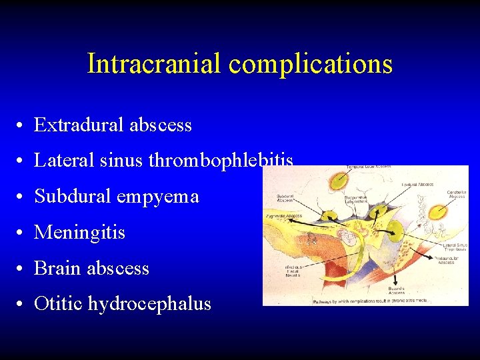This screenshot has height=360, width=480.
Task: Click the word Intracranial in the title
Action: coord(154,64)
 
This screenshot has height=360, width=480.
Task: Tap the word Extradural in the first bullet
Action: coord(77,125)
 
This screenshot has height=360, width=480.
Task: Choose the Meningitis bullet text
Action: coord(79,233)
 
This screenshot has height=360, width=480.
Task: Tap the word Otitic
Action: coord(58,304)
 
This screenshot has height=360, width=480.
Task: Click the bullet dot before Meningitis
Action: coord(23,233)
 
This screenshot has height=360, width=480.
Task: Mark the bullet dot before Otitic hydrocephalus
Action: coord(23,305)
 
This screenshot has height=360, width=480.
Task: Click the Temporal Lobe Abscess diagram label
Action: coord(373,166)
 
